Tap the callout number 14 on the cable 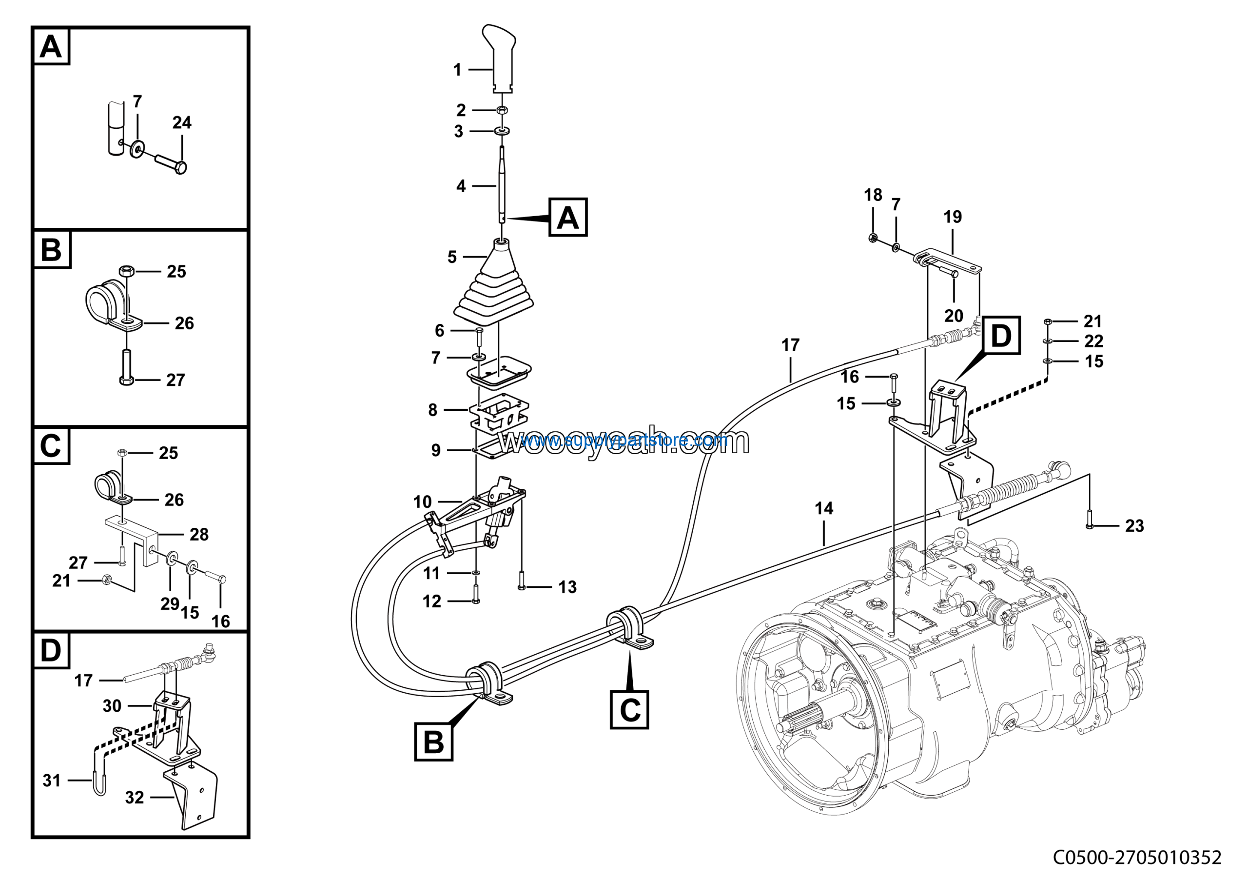823,508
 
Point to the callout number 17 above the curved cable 790,345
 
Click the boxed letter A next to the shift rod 567,218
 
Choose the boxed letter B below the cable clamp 433,742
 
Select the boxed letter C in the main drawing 629,710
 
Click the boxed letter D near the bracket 1001,336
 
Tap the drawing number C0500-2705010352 1137,858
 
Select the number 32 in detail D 134,798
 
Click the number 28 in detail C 199,535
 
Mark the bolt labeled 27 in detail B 126,367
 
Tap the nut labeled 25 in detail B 126,270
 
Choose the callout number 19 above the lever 952,217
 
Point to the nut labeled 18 873,238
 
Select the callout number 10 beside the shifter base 422,502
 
